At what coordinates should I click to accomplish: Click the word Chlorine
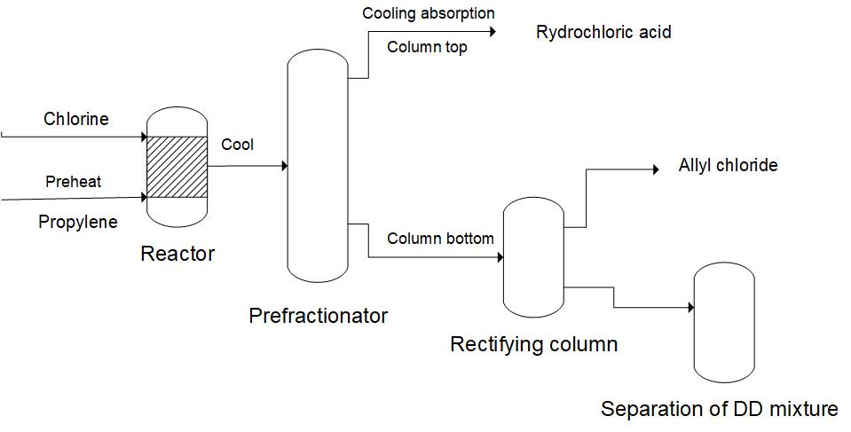tap(76, 119)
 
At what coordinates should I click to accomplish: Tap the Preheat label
tap(74, 182)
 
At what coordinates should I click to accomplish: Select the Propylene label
tap(78, 222)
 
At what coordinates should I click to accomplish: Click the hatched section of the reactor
tap(177, 167)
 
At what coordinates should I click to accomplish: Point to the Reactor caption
tap(177, 254)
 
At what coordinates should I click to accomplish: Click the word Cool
tap(237, 145)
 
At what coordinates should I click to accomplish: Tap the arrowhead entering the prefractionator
tap(283, 166)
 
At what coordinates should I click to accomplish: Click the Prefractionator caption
tap(318, 315)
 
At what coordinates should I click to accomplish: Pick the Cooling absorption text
tap(429, 13)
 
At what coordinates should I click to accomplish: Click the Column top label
tap(427, 47)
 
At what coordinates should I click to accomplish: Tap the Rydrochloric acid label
tap(603, 33)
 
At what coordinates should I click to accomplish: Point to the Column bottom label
tap(440, 239)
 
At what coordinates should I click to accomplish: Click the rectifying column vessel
tap(534, 258)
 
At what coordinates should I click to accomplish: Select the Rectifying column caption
tap(533, 344)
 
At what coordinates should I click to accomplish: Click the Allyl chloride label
tap(728, 165)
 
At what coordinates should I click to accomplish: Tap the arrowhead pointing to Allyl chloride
tap(655, 169)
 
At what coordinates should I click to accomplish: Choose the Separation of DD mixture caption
tap(719, 409)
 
